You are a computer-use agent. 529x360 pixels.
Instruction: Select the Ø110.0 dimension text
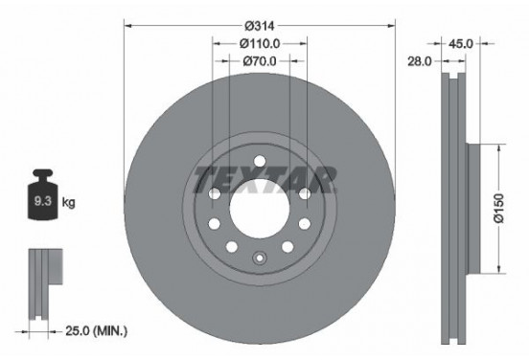coord(260,43)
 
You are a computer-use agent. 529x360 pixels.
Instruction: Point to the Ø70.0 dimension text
coord(260,62)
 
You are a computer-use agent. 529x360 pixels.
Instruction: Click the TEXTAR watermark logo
coord(265,177)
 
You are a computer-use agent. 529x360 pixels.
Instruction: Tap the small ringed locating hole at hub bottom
coord(260,257)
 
